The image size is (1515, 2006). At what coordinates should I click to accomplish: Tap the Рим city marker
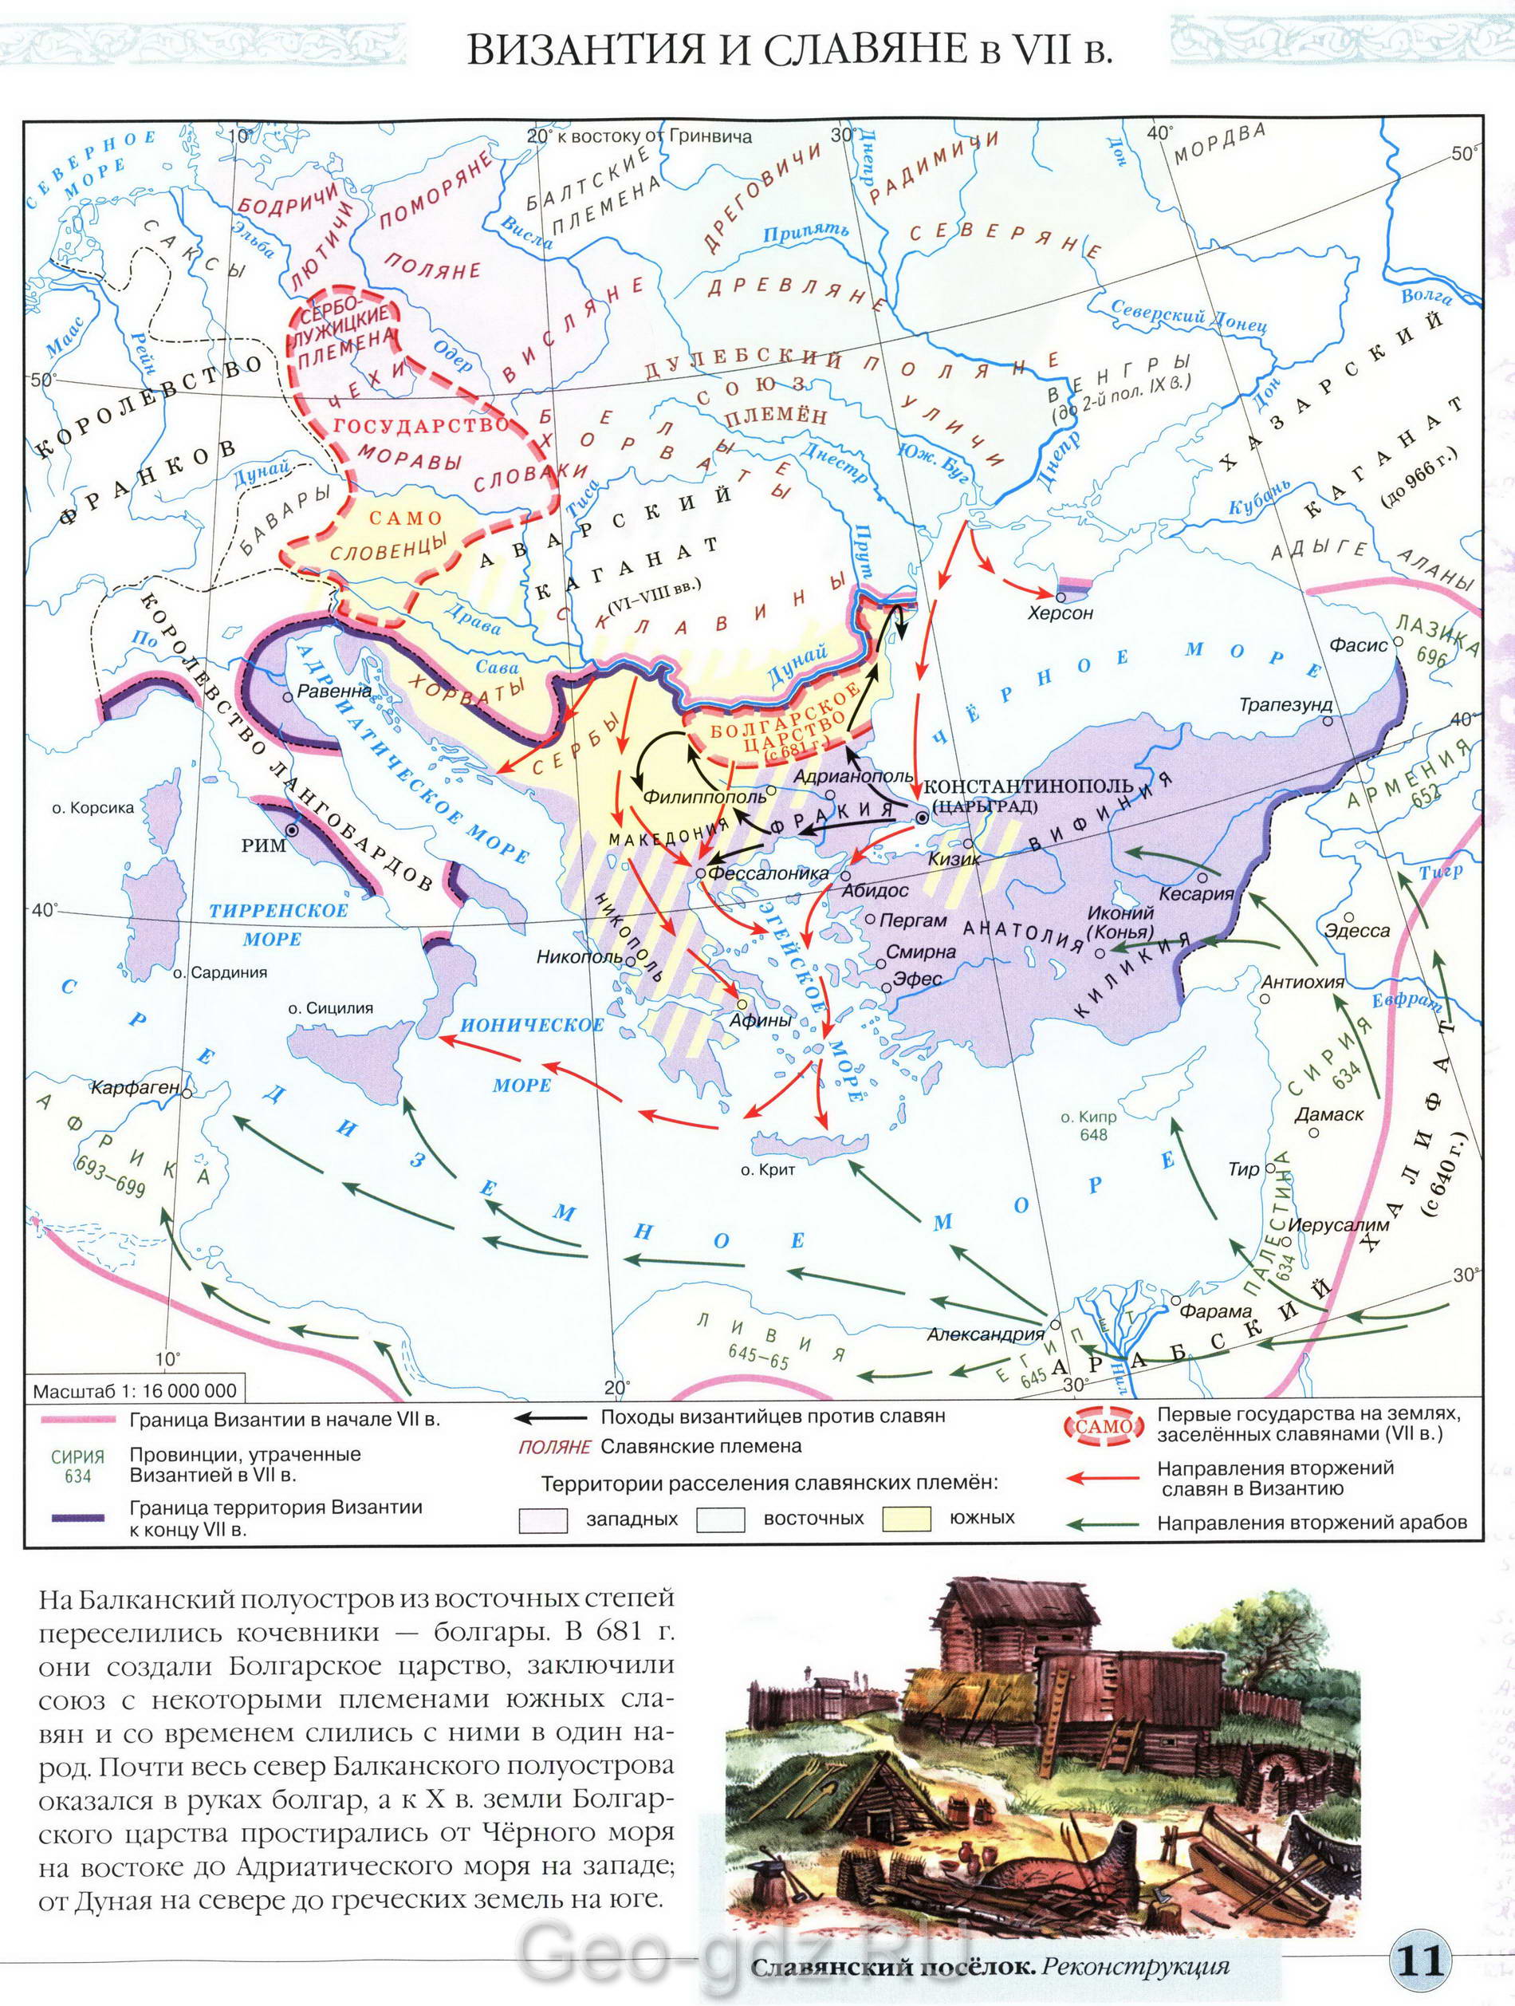point(293,830)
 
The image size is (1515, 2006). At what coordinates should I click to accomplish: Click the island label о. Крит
point(767,1169)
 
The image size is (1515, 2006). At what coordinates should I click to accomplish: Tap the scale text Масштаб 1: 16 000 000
point(134,1391)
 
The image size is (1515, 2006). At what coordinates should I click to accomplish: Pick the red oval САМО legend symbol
point(1103,1426)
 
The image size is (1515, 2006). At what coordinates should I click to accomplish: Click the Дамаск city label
point(1330,1114)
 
